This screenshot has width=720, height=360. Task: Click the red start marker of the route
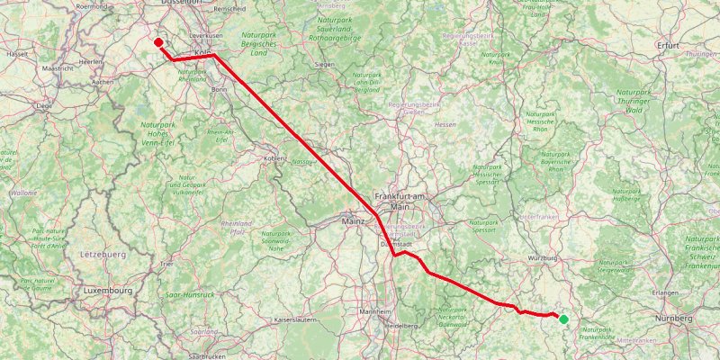(158, 42)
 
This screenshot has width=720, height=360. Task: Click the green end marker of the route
(563, 319)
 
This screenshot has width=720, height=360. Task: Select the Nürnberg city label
(674, 319)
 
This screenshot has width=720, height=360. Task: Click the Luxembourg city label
(108, 291)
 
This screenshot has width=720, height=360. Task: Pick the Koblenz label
(274, 157)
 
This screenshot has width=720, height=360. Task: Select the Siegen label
(325, 65)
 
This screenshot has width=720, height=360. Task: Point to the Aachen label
(102, 82)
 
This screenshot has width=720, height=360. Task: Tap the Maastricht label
(57, 67)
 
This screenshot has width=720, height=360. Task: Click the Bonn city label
(219, 90)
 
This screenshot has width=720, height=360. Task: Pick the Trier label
(166, 264)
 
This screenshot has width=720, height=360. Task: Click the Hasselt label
(17, 54)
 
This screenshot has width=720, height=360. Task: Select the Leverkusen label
(206, 35)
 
